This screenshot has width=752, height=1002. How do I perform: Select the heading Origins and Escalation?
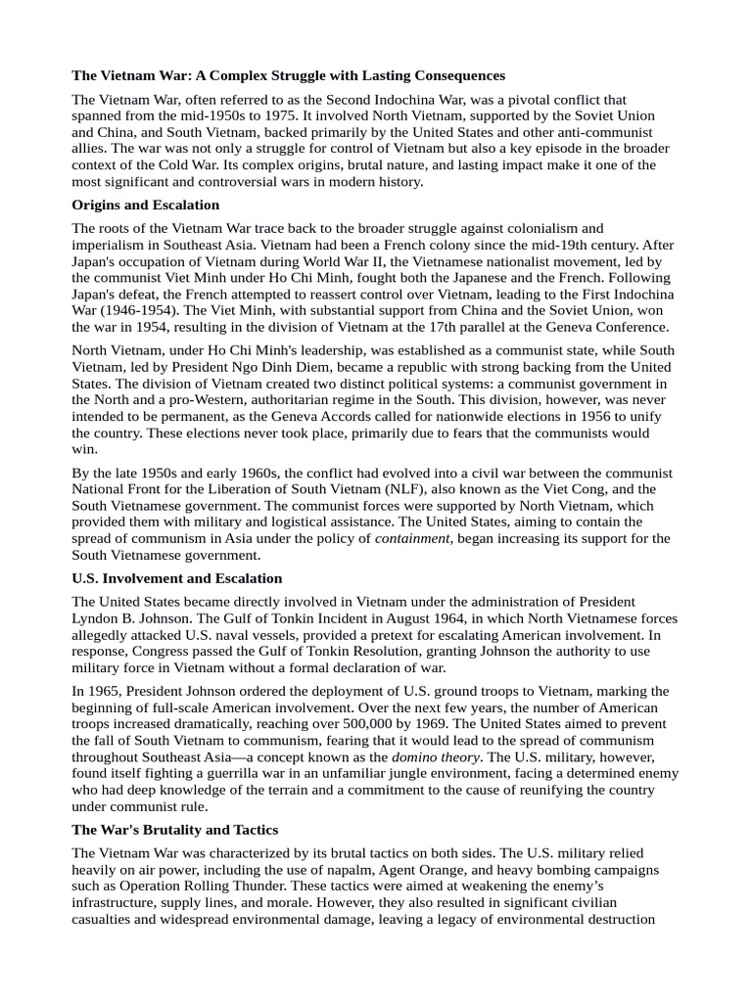(146, 205)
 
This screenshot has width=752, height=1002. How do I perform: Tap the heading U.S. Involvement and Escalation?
(177, 578)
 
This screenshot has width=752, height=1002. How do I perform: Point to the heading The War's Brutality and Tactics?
(175, 829)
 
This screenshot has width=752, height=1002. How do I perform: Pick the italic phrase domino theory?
(435, 757)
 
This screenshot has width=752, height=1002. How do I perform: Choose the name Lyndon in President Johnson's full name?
(97, 616)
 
